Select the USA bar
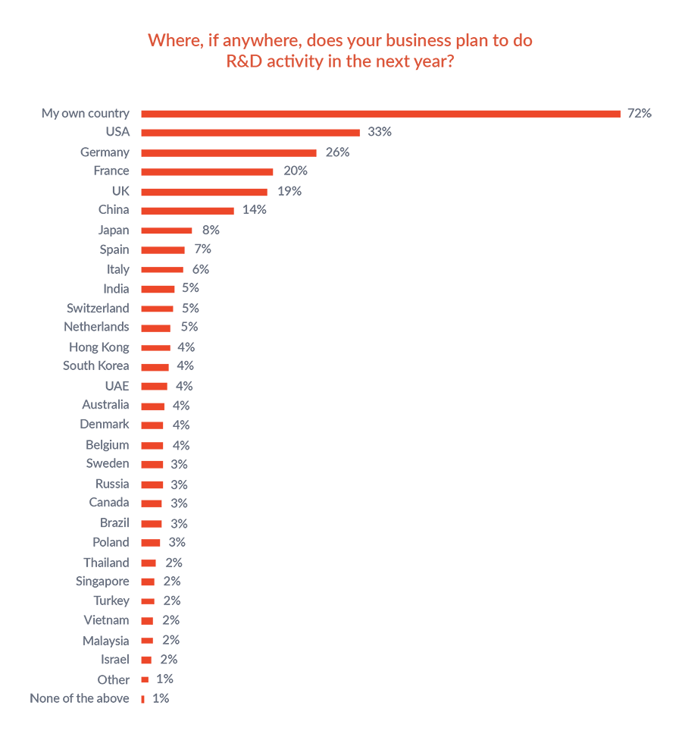(x=250, y=133)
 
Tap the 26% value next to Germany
(x=337, y=152)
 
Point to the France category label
(x=111, y=171)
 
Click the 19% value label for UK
(x=289, y=191)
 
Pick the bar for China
(x=187, y=210)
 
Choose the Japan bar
(x=166, y=230)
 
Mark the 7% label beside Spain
(x=202, y=249)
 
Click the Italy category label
(x=117, y=269)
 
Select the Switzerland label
(x=98, y=308)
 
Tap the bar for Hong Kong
(x=155, y=347)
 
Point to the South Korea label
(x=96, y=365)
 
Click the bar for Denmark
(x=152, y=425)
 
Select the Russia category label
(x=112, y=484)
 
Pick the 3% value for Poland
(x=177, y=542)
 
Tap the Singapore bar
(x=148, y=582)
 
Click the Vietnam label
(x=106, y=620)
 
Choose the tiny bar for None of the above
(x=142, y=699)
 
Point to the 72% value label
(x=639, y=114)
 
